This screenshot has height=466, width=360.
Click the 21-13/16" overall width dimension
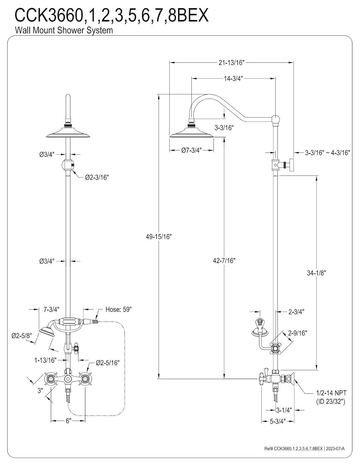[231, 62]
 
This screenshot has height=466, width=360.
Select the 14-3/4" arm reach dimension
[233, 79]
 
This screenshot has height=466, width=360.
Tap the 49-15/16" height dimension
[158, 236]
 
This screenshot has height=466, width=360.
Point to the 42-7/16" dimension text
[224, 261]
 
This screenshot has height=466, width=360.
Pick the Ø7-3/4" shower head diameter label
[191, 150]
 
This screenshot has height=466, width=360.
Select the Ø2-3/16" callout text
[97, 177]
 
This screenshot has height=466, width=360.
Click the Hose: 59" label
[119, 309]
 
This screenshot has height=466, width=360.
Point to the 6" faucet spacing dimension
[68, 421]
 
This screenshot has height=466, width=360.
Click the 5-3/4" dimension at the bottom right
[277, 421]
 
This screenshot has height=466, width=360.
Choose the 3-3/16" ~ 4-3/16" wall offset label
[327, 153]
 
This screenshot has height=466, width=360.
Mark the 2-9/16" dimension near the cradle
[297, 333]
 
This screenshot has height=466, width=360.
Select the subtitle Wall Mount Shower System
[64, 30]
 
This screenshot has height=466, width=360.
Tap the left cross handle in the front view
[51, 378]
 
